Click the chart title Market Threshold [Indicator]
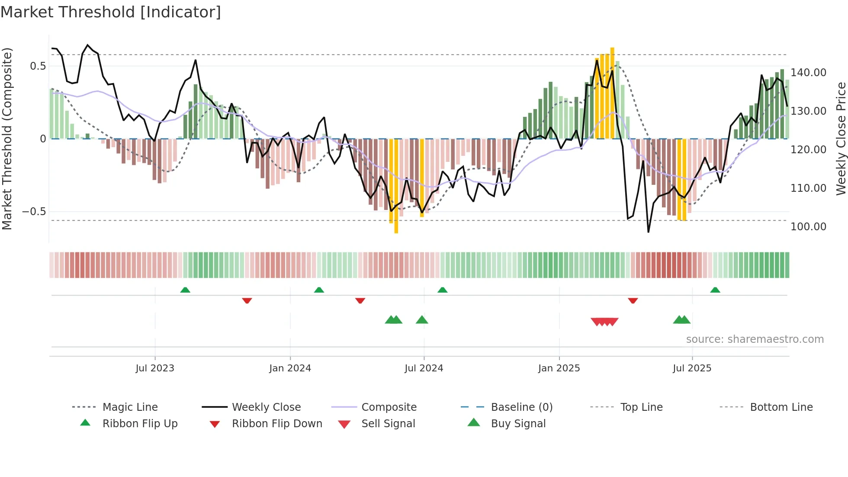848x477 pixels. pyautogui.click(x=111, y=12)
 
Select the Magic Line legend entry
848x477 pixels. pyautogui.click(x=130, y=407)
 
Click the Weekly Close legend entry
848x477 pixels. pyautogui.click(x=266, y=407)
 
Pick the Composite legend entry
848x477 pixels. pyautogui.click(x=389, y=407)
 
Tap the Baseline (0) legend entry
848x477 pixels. pyautogui.click(x=521, y=407)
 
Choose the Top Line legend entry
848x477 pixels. pyautogui.click(x=641, y=407)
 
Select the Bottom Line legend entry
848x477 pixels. pyautogui.click(x=781, y=407)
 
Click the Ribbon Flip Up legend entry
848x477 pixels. pyautogui.click(x=140, y=423)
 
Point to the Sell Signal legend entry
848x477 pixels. pyautogui.click(x=388, y=423)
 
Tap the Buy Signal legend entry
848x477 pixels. pyautogui.click(x=518, y=423)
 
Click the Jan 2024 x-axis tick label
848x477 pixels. pyautogui.click(x=290, y=368)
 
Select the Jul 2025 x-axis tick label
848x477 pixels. pyautogui.click(x=692, y=368)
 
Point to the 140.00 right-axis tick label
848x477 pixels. pyautogui.click(x=808, y=72)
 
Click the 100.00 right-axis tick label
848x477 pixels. pyautogui.click(x=808, y=226)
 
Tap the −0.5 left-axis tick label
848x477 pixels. pyautogui.click(x=34, y=212)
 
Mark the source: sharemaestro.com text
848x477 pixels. pyautogui.click(x=755, y=339)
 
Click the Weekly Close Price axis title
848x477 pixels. pyautogui.click(x=841, y=139)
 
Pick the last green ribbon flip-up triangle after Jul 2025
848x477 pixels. pyautogui.click(x=715, y=290)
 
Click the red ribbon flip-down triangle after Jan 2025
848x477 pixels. pyautogui.click(x=633, y=300)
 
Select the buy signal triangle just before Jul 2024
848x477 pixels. pyautogui.click(x=422, y=320)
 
